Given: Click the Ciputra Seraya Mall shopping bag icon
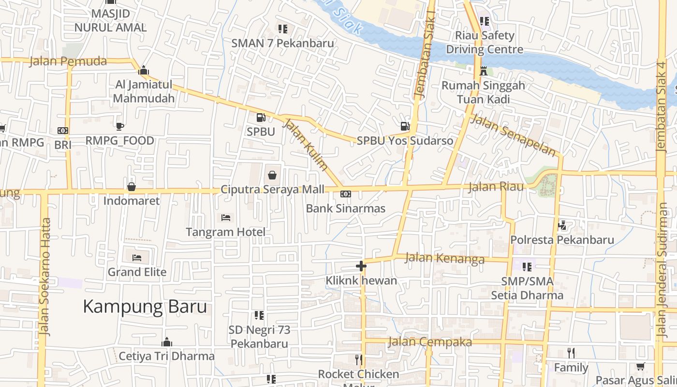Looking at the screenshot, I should pyautogui.click(x=272, y=175).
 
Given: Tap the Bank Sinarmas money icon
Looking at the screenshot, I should pyautogui.click(x=346, y=194).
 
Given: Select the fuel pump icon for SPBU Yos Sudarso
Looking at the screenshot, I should pyautogui.click(x=405, y=126).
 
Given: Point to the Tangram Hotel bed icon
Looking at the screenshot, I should pyautogui.click(x=226, y=218).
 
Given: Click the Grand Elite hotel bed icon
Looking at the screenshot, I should pyautogui.click(x=137, y=257).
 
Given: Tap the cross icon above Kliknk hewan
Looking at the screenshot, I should pyautogui.click(x=361, y=266).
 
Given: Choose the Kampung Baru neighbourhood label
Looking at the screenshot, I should pyautogui.click(x=145, y=307).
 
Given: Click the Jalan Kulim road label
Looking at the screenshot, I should pyautogui.click(x=306, y=145).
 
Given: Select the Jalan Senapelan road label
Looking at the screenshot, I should pyautogui.click(x=513, y=135).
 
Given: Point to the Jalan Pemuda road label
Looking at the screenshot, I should pyautogui.click(x=68, y=61).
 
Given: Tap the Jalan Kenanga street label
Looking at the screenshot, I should pyautogui.click(x=444, y=258).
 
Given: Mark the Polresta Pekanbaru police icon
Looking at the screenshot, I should pyautogui.click(x=562, y=225).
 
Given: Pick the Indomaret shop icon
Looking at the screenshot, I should pyautogui.click(x=131, y=186).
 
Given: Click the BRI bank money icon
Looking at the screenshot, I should pyautogui.click(x=63, y=131).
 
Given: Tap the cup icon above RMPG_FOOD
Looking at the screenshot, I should pyautogui.click(x=119, y=126).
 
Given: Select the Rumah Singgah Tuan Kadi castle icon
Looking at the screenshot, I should pyautogui.click(x=483, y=72).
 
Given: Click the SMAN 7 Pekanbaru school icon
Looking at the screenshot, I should pyautogui.click(x=283, y=29).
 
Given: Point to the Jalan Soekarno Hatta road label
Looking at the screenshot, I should pyautogui.click(x=45, y=277).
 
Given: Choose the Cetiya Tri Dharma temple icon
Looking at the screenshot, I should pyautogui.click(x=167, y=342).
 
